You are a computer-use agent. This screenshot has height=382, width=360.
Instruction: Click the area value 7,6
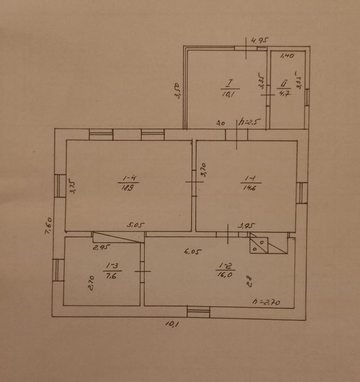pyautogui.click(x=111, y=275)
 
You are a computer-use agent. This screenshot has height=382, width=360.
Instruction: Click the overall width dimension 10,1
pyautogui.click(x=172, y=324)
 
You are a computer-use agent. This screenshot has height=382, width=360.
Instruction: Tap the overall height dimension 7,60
pyautogui.click(x=49, y=225)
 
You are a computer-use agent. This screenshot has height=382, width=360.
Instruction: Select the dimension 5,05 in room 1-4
pyautogui.click(x=134, y=224)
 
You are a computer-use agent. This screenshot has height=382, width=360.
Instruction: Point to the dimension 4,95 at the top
pyautogui.click(x=261, y=40)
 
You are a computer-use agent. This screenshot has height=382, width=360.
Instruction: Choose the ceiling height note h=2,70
pyautogui.click(x=267, y=301)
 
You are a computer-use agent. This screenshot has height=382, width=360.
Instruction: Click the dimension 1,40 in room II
pyautogui.click(x=287, y=56)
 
